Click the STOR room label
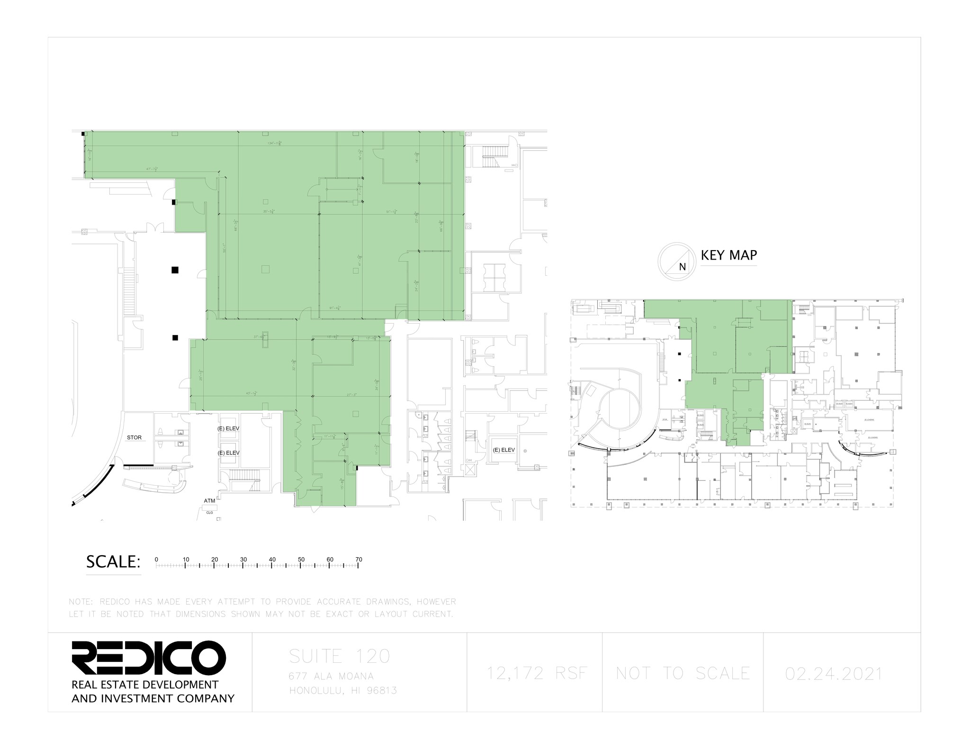point(134,437)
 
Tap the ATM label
point(209,500)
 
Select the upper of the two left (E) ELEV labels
point(228,428)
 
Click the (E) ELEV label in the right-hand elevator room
point(503,450)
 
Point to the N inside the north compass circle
point(682,267)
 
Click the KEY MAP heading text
point(728,255)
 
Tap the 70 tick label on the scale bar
point(359,560)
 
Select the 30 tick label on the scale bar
point(243,560)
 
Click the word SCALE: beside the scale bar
point(113,562)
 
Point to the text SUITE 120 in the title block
point(339,656)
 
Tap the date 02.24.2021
point(834,673)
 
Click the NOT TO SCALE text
point(683,673)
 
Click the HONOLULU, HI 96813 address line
point(343,691)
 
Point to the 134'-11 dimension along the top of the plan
point(275,143)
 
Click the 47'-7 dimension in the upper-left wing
point(152,169)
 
